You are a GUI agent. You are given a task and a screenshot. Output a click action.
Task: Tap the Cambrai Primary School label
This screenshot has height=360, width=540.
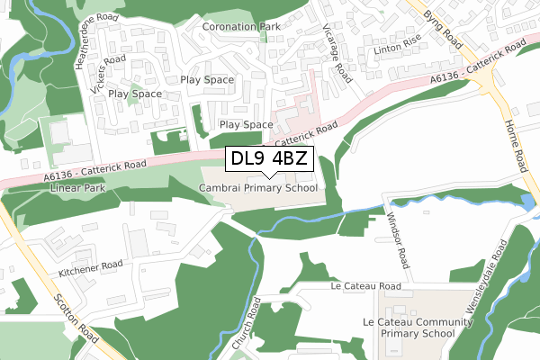point(258,188)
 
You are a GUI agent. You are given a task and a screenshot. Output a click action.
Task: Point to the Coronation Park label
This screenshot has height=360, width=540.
point(241,27)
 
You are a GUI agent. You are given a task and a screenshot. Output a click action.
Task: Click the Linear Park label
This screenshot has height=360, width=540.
point(78,188)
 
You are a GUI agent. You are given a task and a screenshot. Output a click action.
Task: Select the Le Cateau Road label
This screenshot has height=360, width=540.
point(365,286)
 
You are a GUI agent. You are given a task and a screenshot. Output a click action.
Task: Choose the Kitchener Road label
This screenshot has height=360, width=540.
point(90,265)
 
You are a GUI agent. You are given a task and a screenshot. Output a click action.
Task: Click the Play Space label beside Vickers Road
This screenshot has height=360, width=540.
point(135,94)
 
